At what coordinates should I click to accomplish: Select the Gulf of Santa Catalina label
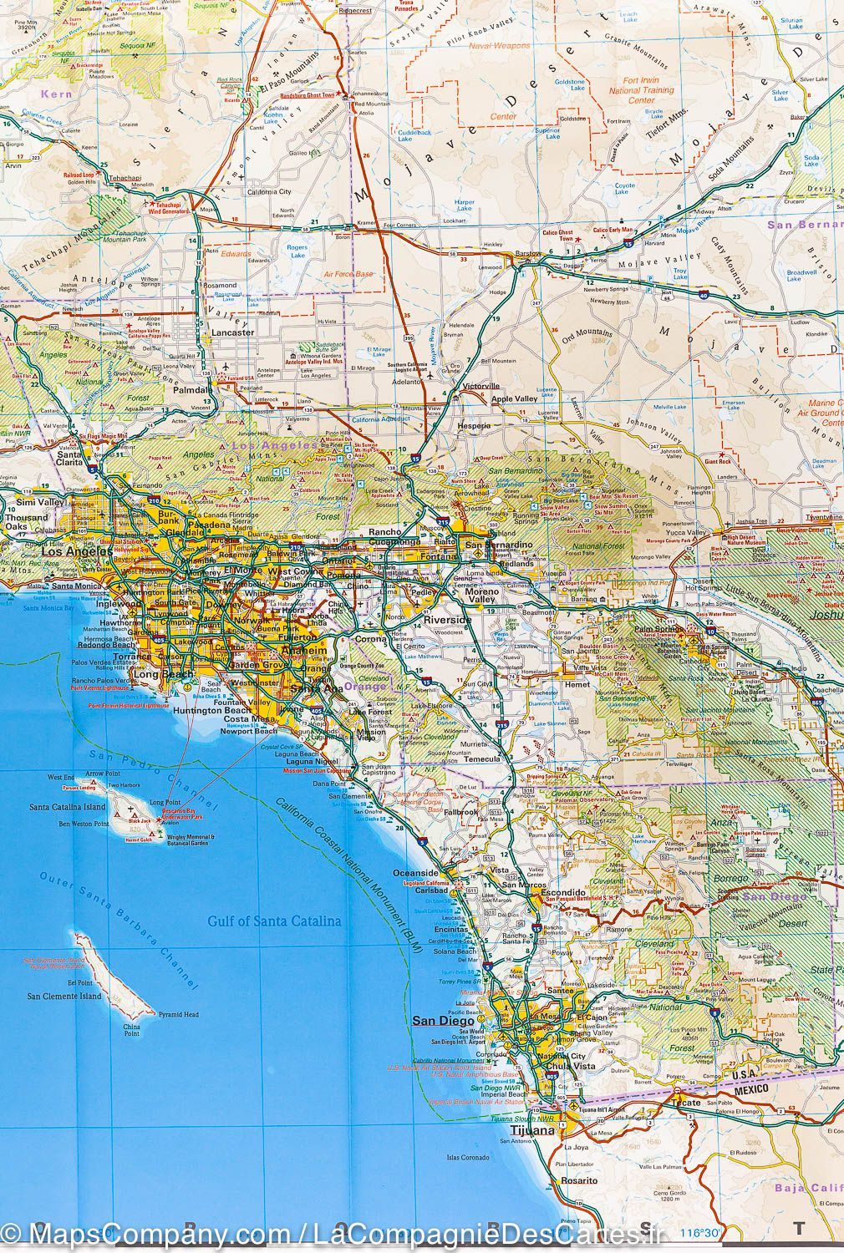point(275,921)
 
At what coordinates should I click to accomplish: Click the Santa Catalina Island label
point(68,808)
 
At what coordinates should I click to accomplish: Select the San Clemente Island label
point(64,996)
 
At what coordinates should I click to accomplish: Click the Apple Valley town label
point(515,400)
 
